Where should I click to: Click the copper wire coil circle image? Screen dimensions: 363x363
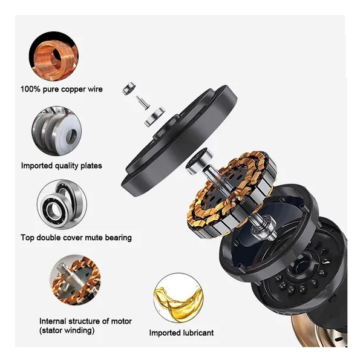[54, 56]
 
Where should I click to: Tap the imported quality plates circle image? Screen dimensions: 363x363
[56, 131]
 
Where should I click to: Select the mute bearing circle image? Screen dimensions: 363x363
[62, 204]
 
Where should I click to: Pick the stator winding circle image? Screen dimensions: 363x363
[75, 280]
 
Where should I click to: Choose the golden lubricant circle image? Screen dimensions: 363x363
[178, 298]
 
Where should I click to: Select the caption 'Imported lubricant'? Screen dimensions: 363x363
[181, 333]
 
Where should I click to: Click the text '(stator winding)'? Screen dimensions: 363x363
[67, 330]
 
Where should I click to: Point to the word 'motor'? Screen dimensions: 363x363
[122, 321]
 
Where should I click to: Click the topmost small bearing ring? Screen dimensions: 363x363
[129, 88]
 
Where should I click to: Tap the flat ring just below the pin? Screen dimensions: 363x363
[154, 116]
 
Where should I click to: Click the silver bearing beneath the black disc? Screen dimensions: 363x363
[199, 161]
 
